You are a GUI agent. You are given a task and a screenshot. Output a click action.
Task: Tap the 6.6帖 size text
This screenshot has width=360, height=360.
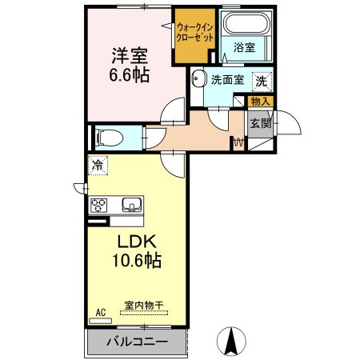(128, 77)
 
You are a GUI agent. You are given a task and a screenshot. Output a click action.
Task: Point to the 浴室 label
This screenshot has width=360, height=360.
(243, 48)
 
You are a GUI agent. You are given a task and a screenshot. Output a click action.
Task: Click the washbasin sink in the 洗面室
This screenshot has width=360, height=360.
(198, 79)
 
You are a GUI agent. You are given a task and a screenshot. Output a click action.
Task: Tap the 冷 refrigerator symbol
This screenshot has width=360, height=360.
(96, 166)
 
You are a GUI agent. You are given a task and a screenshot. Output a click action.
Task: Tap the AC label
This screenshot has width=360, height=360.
(101, 311)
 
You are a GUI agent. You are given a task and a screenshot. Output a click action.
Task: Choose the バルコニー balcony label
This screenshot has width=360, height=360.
(138, 342)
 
